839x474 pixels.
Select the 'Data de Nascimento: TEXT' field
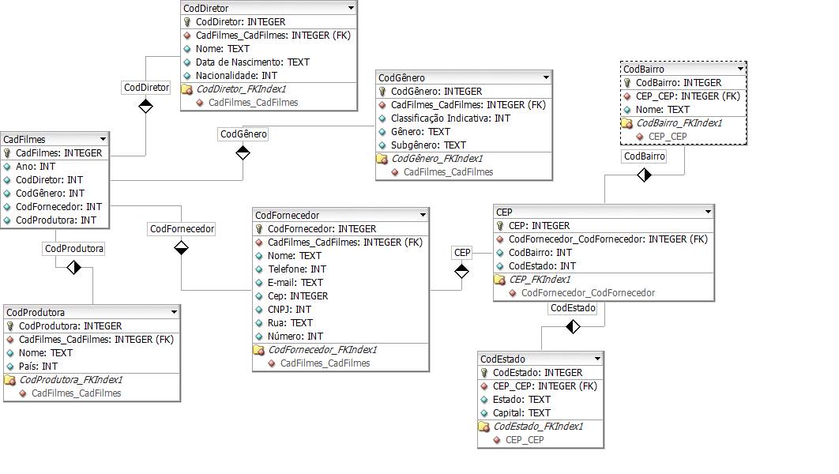252,62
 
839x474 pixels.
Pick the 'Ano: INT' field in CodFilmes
36,166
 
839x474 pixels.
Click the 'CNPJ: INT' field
289,309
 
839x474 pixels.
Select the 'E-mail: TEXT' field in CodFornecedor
295,282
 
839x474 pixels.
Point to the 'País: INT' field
38,366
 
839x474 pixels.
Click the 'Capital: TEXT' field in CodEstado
521,412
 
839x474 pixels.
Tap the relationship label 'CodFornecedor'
182,228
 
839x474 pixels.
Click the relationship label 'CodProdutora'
74,248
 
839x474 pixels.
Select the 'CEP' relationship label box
462,252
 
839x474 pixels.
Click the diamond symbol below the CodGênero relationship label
243,152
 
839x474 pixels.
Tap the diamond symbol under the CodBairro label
644,175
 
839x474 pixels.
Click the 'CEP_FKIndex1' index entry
540,279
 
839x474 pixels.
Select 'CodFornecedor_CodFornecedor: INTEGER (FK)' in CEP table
608,239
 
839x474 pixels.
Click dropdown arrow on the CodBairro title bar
739,69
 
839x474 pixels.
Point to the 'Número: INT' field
295,336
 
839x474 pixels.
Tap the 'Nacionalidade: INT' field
236,75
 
